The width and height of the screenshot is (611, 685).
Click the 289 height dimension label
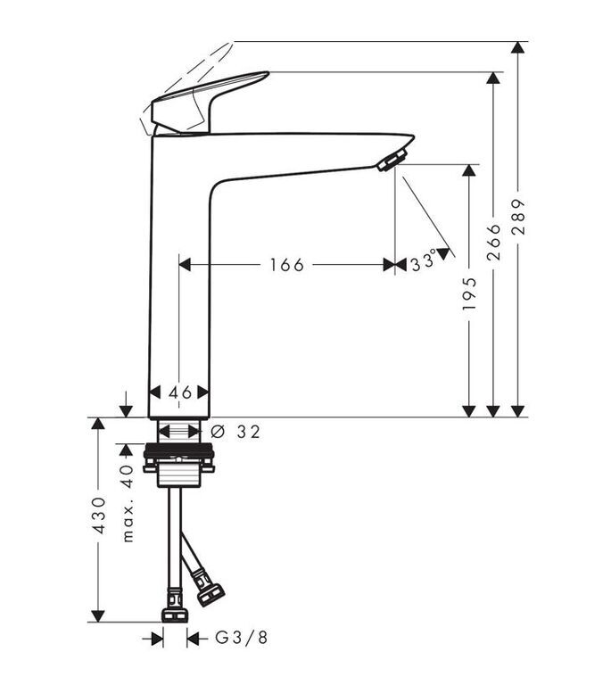[518, 217]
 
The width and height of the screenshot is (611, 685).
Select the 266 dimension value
[493, 242]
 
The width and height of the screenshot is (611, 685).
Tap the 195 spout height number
[469, 293]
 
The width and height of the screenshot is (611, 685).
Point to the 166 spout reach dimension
[286, 265]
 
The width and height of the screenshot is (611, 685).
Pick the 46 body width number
[180, 392]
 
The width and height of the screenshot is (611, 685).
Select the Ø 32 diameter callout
[235, 432]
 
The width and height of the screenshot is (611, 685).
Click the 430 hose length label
[100, 515]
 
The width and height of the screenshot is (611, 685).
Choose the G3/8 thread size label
[241, 639]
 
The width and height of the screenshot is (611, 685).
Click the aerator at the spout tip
[392, 160]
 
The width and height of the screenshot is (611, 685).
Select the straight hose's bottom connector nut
[175, 616]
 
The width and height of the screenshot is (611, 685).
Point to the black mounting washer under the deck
[178, 450]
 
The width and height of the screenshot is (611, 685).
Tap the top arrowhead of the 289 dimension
[518, 47]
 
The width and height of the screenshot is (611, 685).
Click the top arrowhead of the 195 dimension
[469, 170]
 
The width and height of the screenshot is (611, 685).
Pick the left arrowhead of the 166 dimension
[186, 265]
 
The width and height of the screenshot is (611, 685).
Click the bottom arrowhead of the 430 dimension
[99, 616]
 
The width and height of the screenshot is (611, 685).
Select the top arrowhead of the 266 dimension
[493, 78]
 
